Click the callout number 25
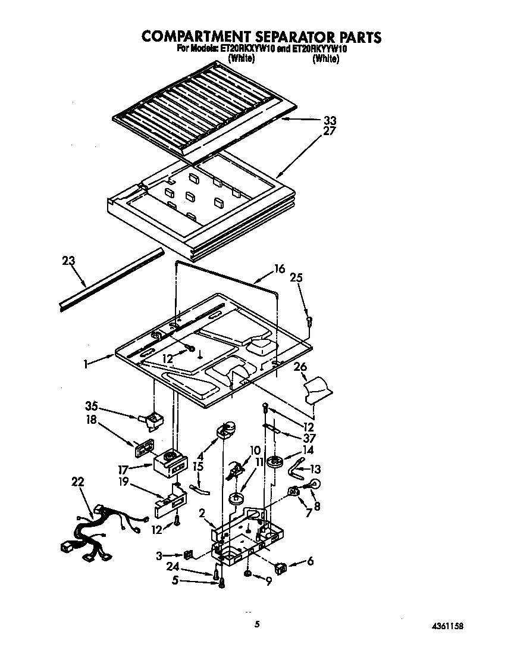(x=296, y=277)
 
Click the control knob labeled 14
(x=274, y=462)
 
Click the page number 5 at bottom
(x=257, y=624)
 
